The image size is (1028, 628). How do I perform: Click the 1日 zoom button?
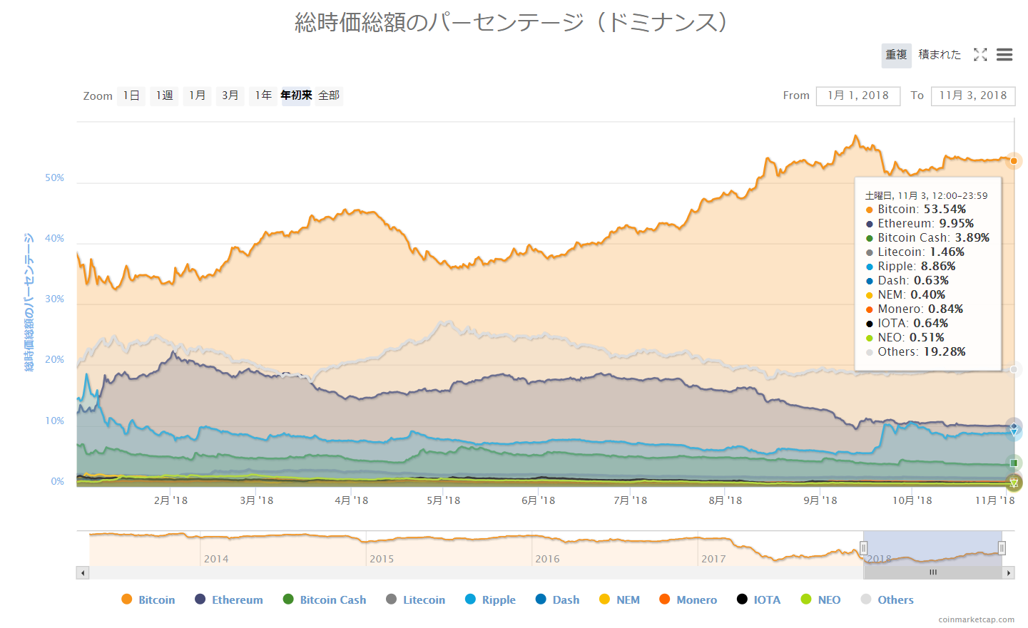tap(131, 96)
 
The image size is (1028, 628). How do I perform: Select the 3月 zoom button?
tap(230, 96)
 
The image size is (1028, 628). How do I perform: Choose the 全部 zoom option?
tap(329, 96)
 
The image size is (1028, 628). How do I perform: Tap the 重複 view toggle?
tap(896, 55)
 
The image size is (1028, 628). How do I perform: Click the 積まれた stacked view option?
tap(940, 55)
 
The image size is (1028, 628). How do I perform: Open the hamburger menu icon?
tap(1004, 55)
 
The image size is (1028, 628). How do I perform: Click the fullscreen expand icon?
tap(980, 55)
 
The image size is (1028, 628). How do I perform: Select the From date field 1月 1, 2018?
tap(858, 96)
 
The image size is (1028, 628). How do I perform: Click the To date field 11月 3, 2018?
tap(972, 96)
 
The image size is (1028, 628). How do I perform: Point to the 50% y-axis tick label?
tap(55, 177)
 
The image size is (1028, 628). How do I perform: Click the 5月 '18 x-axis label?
tap(443, 500)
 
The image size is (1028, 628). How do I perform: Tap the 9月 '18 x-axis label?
tap(820, 500)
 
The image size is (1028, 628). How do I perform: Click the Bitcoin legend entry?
tap(148, 599)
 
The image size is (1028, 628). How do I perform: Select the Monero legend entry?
tap(688, 599)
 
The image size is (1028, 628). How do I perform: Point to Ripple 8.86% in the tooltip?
tap(916, 267)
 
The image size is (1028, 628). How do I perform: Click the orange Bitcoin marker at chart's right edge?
tap(1014, 161)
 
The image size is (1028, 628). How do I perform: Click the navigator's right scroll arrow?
tap(1009, 573)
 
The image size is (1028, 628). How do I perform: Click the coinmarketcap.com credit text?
tap(976, 619)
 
